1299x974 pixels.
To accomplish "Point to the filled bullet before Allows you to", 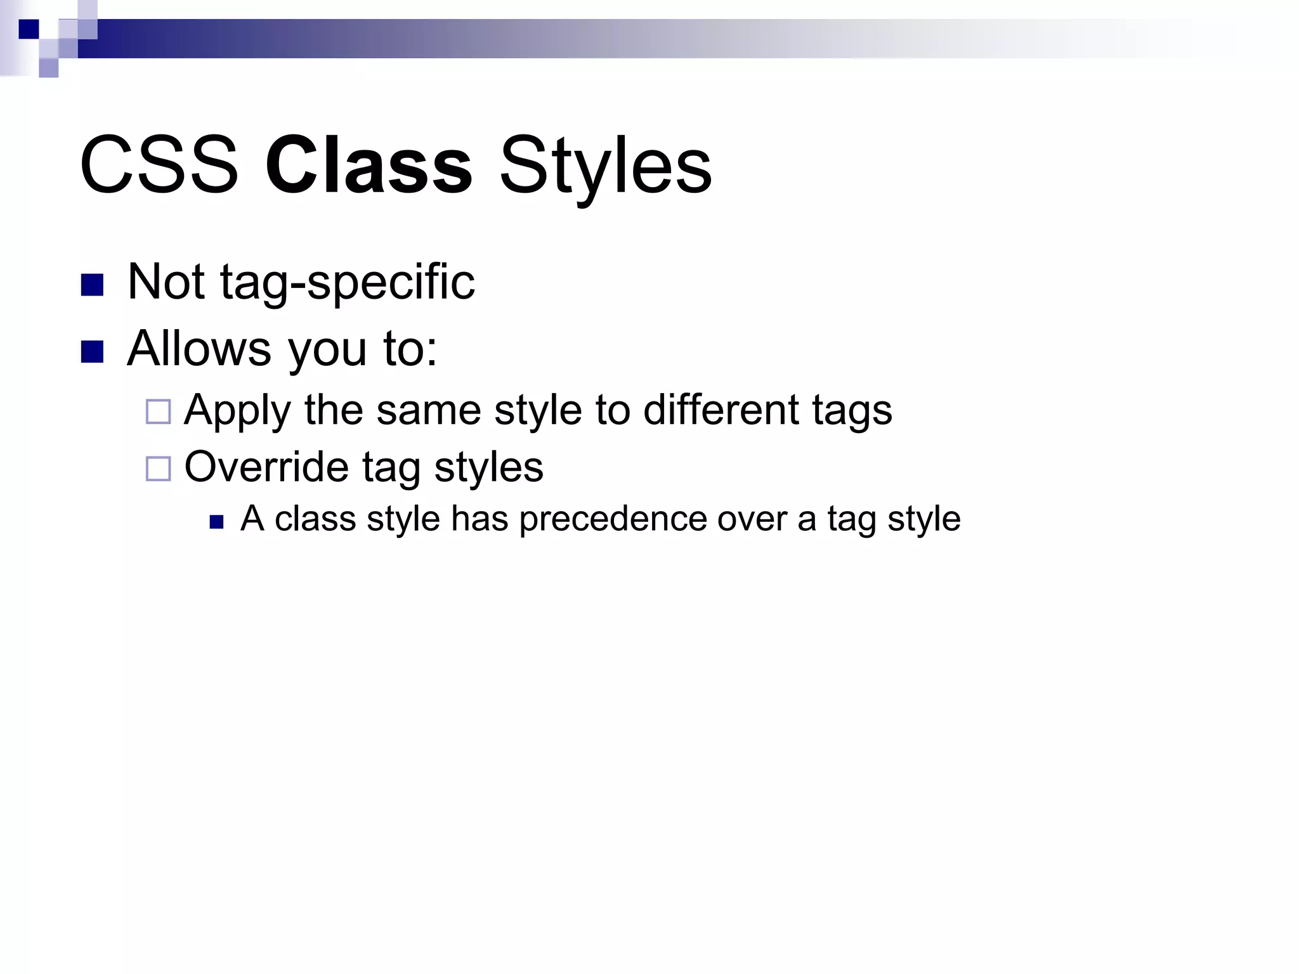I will click(x=93, y=352).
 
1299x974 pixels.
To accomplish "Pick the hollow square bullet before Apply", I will click(x=158, y=412).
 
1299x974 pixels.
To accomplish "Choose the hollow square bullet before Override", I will click(x=158, y=469).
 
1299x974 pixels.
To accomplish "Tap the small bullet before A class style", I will click(x=217, y=522).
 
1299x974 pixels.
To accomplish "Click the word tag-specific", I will click(x=347, y=283).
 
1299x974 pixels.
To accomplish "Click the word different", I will click(x=721, y=410).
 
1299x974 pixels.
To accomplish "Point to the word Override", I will click(x=266, y=467).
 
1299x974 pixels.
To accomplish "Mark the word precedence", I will click(x=613, y=519).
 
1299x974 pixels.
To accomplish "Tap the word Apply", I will click(x=237, y=411).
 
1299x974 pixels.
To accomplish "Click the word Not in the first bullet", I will click(x=166, y=282).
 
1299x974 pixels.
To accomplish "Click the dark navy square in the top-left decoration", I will click(x=29, y=29).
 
